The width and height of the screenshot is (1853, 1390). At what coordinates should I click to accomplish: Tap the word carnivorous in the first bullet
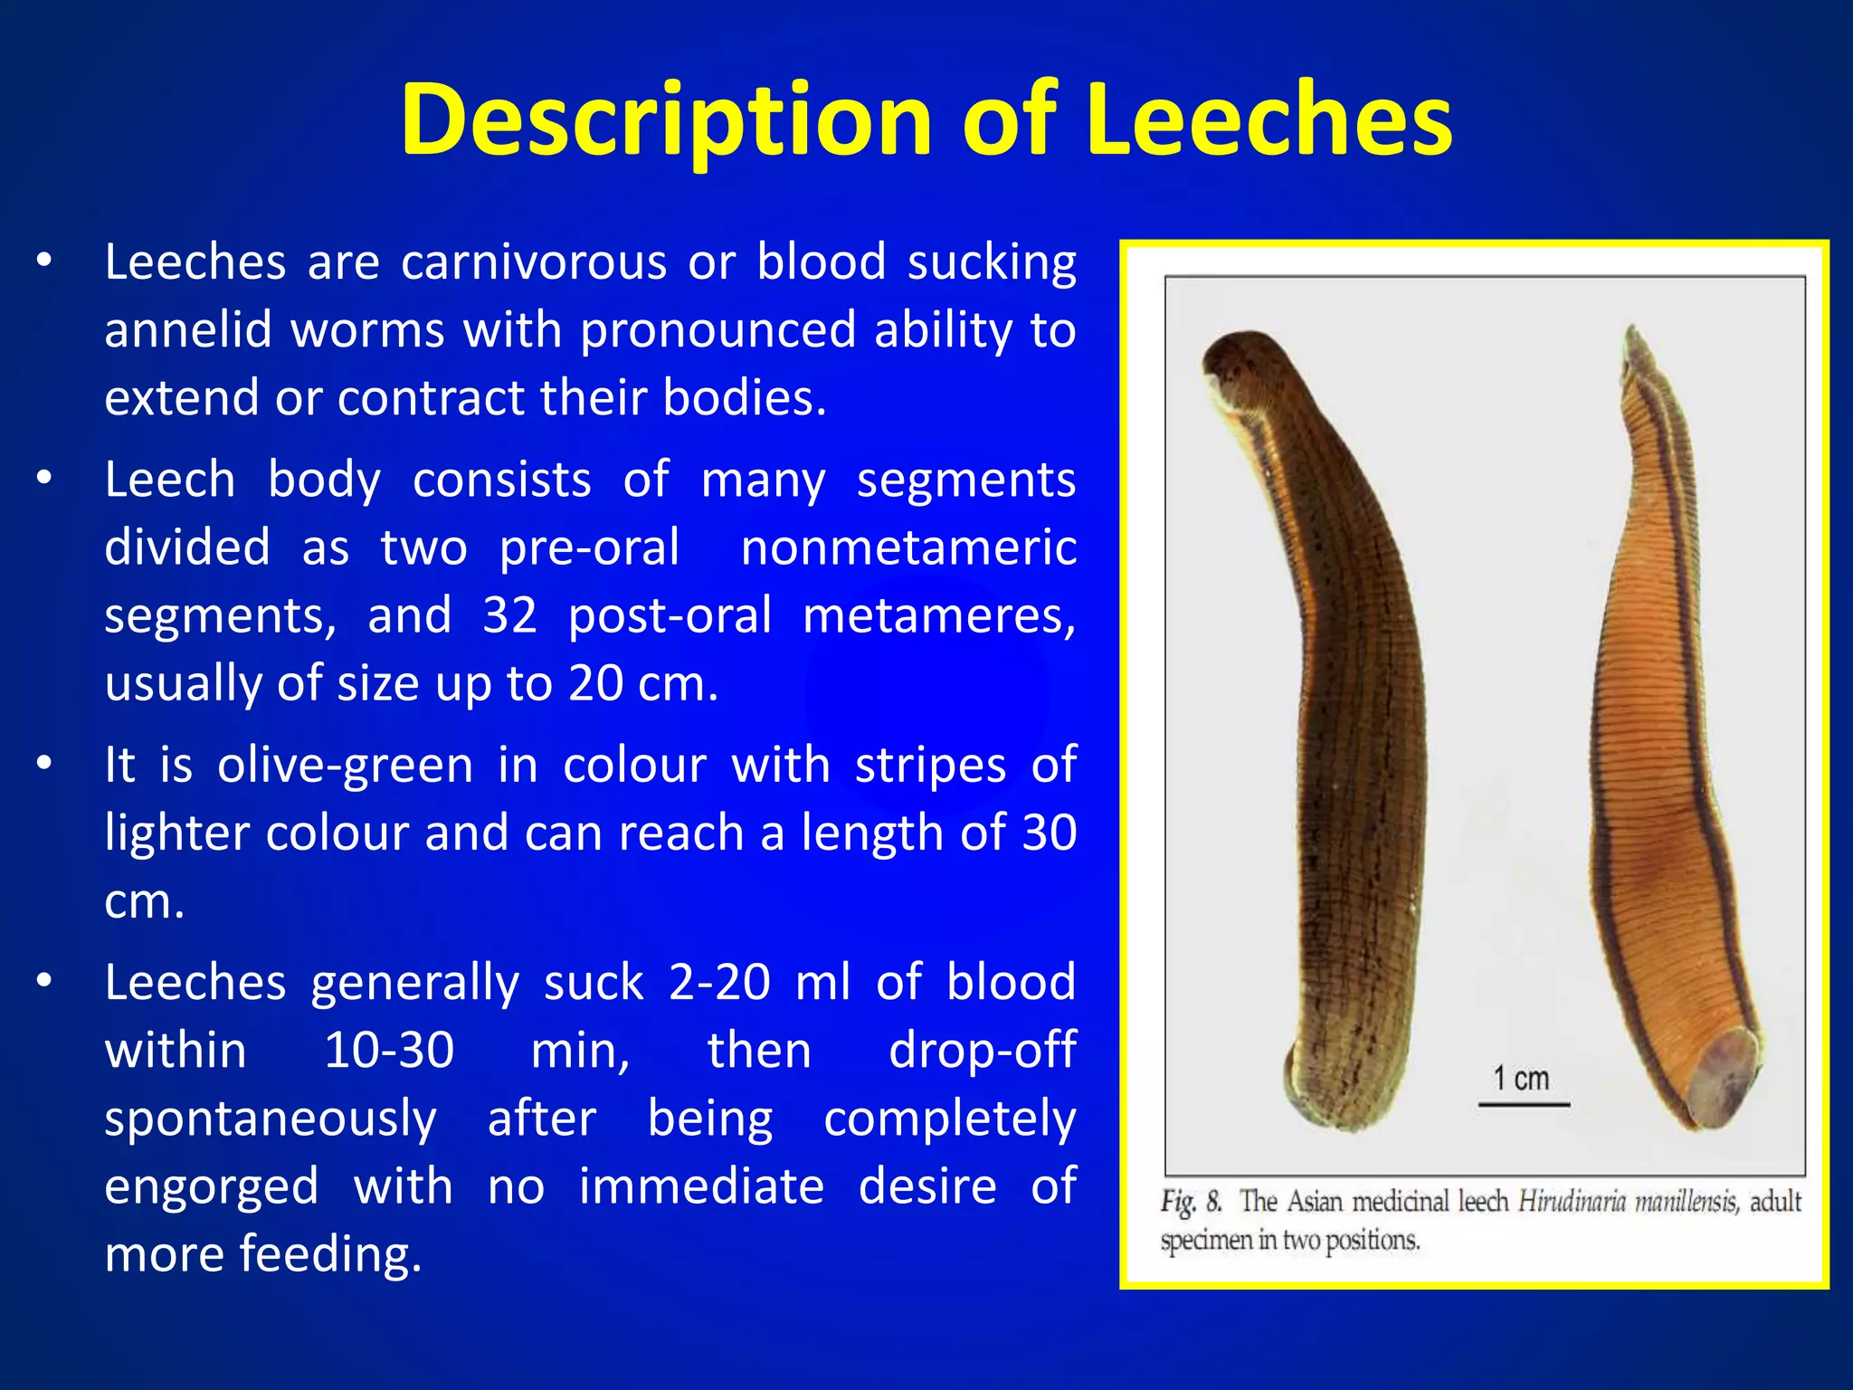(533, 262)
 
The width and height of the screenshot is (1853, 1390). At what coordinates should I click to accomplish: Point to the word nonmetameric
(908, 547)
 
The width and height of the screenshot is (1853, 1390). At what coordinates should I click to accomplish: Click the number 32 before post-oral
(509, 615)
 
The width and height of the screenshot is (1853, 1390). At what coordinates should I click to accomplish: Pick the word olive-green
(345, 766)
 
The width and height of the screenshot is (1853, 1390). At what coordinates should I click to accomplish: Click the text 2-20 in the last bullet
(719, 982)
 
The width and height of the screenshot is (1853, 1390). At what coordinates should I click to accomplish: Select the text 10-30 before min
(389, 1051)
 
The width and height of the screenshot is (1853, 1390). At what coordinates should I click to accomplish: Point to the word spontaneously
(271, 1119)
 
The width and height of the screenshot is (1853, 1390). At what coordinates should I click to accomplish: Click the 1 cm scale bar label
(1521, 1079)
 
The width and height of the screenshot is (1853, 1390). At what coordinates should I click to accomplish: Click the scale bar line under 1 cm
(1524, 1104)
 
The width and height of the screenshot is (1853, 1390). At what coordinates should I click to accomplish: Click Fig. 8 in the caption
(1191, 1202)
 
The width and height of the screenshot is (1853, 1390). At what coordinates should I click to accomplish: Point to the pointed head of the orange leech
(1634, 344)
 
